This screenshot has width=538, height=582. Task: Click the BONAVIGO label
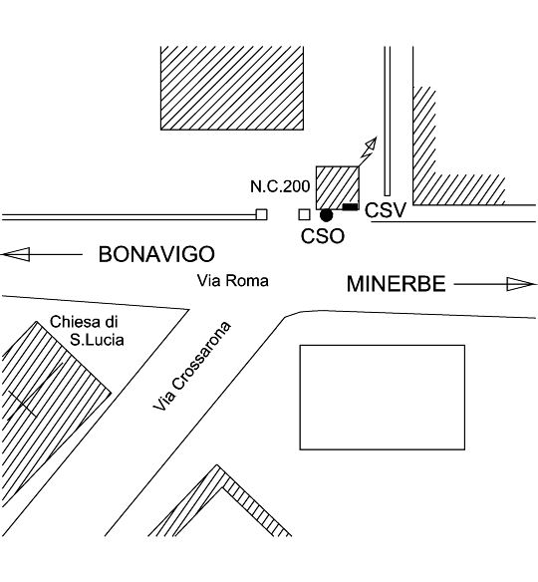coord(156,255)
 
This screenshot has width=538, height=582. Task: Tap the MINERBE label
coord(396,284)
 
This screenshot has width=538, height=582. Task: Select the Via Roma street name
coord(233,281)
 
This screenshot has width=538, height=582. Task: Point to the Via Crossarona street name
coord(192,366)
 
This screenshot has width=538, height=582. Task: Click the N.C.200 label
coord(280,186)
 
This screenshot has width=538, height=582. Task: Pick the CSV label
coord(386,210)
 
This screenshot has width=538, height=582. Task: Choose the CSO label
coord(323,236)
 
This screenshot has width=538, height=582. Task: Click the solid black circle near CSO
coord(327,215)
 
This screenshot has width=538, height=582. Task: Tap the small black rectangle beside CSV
coord(350,206)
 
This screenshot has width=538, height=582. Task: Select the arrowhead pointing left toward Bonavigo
coord(16,255)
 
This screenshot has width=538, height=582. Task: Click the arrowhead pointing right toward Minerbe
coord(521,284)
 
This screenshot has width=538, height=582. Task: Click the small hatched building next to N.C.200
coord(338,188)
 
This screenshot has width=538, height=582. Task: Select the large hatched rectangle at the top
coord(232,88)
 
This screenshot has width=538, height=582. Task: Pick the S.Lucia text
coord(97,340)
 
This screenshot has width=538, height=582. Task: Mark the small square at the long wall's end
coord(262,214)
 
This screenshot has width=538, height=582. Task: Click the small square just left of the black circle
coord(305,214)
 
